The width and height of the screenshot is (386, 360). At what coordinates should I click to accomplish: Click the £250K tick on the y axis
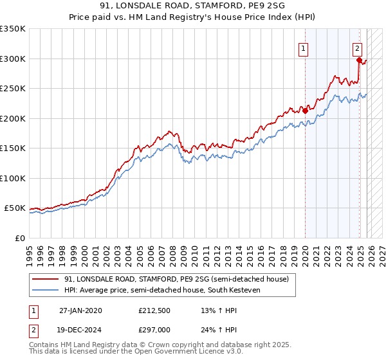coord(13,89)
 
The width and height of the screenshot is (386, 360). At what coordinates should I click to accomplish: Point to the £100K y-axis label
coord(13,179)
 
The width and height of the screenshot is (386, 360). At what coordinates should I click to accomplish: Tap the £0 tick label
coord(19,239)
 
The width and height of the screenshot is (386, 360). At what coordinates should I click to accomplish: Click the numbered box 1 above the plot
coord(302,47)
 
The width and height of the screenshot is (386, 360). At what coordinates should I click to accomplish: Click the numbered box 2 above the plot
coord(357,47)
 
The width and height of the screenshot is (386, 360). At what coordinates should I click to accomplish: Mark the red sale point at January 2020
coord(305,111)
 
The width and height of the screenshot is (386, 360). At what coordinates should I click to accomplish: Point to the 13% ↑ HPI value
coord(210,310)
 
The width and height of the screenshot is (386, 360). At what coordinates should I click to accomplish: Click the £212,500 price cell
coord(155,310)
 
